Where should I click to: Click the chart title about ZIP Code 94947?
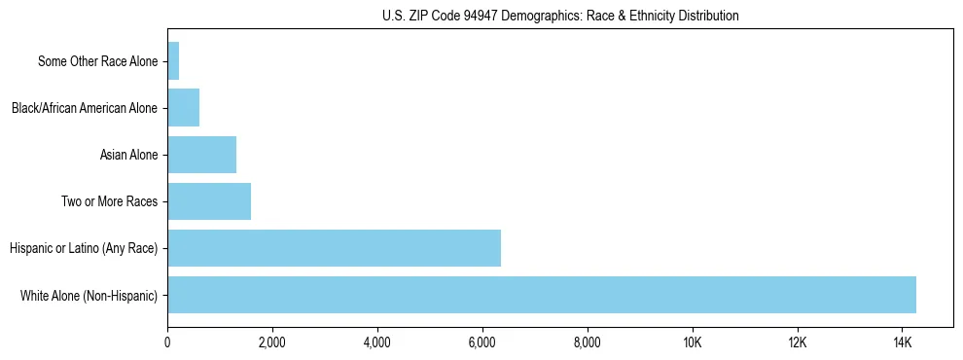(560, 16)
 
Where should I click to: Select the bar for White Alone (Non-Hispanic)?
(542, 295)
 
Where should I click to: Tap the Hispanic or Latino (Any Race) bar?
(334, 248)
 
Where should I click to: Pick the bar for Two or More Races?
(209, 201)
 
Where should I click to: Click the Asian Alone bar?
(201, 155)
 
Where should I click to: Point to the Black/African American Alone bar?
(183, 108)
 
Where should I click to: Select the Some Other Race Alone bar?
(173, 61)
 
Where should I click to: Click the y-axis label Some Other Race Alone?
(97, 61)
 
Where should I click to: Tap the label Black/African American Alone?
(84, 108)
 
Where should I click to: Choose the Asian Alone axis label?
(128, 155)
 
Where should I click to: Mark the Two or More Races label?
(109, 201)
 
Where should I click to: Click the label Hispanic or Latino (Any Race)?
(83, 248)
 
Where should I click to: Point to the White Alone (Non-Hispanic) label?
(89, 295)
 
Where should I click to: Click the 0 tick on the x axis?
(167, 342)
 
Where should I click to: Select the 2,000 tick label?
(272, 342)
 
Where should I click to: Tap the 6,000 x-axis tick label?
(482, 342)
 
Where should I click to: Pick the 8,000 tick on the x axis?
(588, 342)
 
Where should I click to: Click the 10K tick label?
(693, 342)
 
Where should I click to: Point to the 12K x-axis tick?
(798, 342)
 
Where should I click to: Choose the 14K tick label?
(903, 342)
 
